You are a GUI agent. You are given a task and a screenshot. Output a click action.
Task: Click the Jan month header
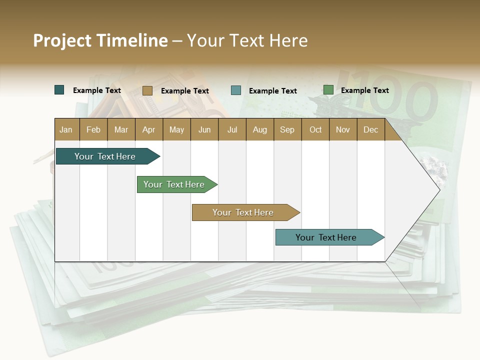pos(66,129)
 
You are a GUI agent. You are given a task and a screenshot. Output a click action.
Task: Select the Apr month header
pos(149,129)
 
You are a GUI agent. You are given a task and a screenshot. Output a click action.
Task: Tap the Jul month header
pos(232,129)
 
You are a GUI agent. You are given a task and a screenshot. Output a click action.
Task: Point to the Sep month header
pos(287,129)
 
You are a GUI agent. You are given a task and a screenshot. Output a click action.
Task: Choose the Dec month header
pos(370,129)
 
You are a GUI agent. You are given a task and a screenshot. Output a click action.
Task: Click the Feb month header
pos(93,129)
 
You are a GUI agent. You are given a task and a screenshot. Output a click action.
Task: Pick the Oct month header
pos(315,129)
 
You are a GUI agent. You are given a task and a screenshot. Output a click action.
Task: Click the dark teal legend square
pos(59,90)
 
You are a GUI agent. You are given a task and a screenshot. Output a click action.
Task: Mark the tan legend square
pos(147,90)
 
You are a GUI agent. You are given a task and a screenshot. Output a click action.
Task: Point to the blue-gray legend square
pos(236,90)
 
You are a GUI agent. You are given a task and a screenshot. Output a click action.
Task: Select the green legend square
pos(328,90)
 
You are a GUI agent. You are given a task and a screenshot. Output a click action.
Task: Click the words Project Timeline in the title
pos(100,40)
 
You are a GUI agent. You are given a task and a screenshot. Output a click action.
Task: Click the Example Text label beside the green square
pos(365,90)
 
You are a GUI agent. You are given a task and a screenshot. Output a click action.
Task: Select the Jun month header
pos(204,129)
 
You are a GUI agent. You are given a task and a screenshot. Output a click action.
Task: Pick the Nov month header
pos(343,129)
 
